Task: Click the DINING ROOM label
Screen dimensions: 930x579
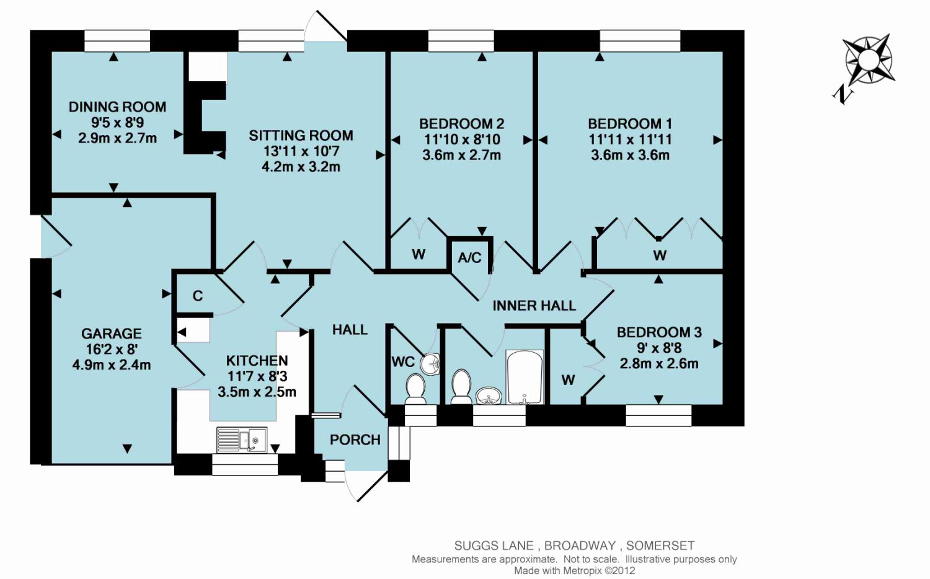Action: pos(117,107)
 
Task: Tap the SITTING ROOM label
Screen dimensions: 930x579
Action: pos(301,135)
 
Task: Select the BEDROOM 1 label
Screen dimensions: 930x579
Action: pos(630,123)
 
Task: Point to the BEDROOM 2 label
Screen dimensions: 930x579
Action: pos(461,123)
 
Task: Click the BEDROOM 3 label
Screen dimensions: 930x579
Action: pos(659,332)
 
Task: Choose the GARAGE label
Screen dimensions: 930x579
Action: pos(112,334)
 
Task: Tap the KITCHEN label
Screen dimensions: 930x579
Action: pos(257,360)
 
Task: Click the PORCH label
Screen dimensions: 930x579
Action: pos(355,440)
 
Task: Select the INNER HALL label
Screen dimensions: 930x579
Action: pos(534,305)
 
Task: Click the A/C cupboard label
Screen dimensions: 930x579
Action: pos(469,257)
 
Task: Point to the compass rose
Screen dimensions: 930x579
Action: pos(868,61)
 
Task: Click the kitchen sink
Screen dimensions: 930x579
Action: pos(242,440)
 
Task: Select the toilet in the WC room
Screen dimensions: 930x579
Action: pos(415,388)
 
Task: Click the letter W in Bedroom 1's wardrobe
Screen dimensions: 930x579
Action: pos(660,255)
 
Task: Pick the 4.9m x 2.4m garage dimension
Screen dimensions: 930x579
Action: pos(112,365)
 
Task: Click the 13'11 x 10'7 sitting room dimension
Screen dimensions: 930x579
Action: pos(301,151)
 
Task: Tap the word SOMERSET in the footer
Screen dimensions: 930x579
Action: pos(660,546)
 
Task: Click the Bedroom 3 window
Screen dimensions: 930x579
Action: pos(658,415)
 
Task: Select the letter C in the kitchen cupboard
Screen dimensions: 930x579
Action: pos(198,296)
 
